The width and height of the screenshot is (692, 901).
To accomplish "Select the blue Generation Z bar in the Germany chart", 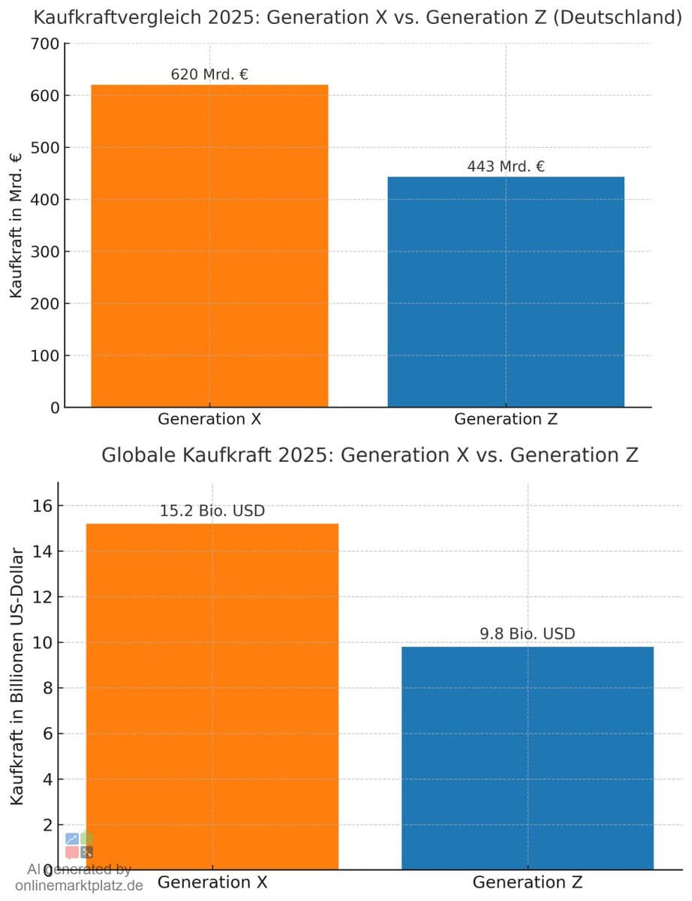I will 505,292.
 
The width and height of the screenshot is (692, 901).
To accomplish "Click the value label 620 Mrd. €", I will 209,74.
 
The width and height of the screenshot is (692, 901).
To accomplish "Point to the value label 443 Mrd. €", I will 505,167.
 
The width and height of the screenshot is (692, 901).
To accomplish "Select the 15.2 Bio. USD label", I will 212,511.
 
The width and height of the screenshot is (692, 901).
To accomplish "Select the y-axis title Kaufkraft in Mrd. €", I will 16,225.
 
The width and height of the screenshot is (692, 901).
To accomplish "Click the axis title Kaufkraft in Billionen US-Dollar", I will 16,676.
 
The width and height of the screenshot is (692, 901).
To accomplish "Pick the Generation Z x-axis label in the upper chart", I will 505,419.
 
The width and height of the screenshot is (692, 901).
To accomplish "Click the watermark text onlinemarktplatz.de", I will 79,885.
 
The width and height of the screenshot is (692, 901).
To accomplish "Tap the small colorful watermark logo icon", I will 79,845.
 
